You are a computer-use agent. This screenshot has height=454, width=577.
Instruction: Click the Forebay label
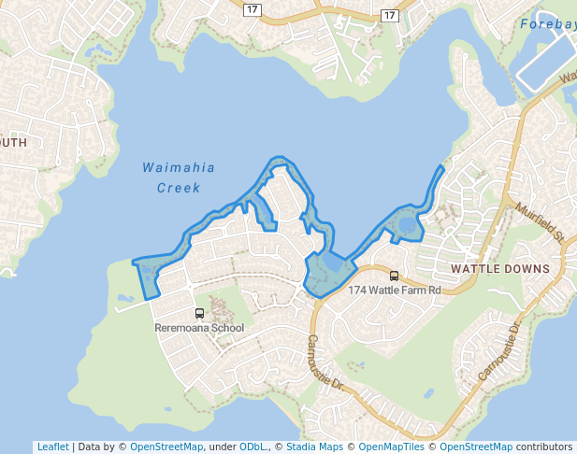point(546,24)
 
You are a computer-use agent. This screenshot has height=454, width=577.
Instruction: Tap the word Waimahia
point(179,168)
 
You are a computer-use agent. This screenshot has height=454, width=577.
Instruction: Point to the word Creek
point(179,188)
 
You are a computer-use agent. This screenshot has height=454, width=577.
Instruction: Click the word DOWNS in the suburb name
point(529,269)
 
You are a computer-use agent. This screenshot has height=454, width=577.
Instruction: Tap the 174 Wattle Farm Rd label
point(394,291)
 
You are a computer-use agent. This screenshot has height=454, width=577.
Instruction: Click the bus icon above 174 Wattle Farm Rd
point(394,276)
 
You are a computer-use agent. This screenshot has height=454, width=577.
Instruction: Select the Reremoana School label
point(199,328)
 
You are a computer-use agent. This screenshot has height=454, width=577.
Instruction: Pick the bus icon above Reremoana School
point(199,313)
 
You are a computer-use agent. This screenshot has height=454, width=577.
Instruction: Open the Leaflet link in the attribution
point(52,447)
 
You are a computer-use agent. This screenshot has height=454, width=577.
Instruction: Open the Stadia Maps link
point(312,447)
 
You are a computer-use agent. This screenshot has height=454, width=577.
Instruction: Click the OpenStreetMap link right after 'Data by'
point(166,447)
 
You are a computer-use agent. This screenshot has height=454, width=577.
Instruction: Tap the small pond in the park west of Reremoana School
point(125,299)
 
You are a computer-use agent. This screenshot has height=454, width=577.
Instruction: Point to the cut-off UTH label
point(13,142)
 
